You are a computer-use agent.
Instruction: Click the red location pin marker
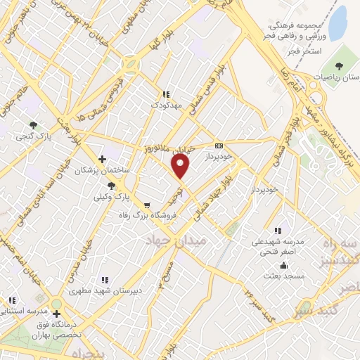[181, 167]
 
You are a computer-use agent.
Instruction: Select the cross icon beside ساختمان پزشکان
[103, 159]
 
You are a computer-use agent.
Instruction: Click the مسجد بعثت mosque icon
[283, 265]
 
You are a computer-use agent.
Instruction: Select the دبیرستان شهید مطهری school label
[105, 289]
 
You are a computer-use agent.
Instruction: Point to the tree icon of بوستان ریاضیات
[340, 65]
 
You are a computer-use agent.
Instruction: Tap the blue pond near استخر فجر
[338, 23]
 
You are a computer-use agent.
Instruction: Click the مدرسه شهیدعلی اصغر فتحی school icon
[278, 230]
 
